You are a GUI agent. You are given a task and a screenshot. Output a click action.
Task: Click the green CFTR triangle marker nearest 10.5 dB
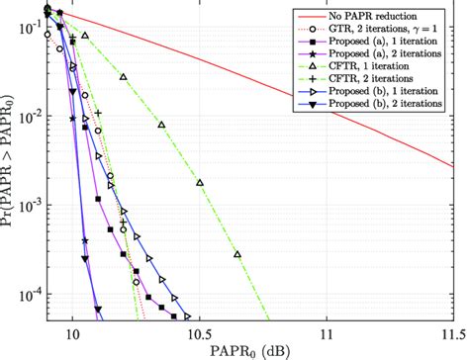[x=201, y=183]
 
